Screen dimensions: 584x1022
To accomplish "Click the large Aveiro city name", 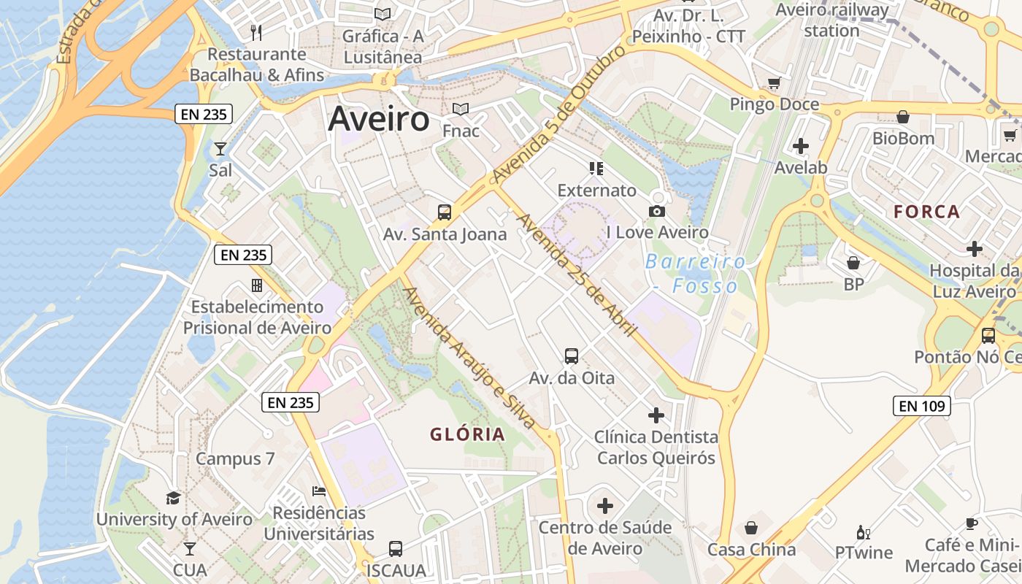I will pyautogui.click(x=378, y=119).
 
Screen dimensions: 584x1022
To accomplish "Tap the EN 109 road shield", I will pyautogui.click(x=922, y=406).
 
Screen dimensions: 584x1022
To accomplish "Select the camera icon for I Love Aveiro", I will pyautogui.click(x=657, y=212).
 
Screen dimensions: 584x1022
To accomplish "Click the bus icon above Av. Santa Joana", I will pyautogui.click(x=445, y=212).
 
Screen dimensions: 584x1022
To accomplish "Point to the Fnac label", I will pyautogui.click(x=461, y=131).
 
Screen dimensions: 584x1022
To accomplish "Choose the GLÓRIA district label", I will pyautogui.click(x=467, y=435).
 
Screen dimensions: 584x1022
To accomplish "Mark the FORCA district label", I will pyautogui.click(x=927, y=212).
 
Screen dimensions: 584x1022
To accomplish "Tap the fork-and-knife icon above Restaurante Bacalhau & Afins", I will pyautogui.click(x=255, y=32).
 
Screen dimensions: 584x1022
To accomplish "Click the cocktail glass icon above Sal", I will pyautogui.click(x=220, y=149).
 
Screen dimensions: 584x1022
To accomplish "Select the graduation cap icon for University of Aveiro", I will pyautogui.click(x=173, y=498).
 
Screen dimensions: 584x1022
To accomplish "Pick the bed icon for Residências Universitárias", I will pyautogui.click(x=319, y=491).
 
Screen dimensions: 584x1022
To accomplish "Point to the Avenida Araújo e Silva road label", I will pyautogui.click(x=469, y=357).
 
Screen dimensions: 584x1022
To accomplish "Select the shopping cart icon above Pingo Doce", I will pyautogui.click(x=774, y=83).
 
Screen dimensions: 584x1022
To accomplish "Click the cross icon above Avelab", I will pyautogui.click(x=801, y=146).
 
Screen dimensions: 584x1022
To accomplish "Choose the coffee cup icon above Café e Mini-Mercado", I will pyautogui.click(x=971, y=523).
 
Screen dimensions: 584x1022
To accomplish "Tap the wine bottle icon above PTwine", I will pyautogui.click(x=863, y=532).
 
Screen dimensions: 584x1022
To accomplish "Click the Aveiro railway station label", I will pyautogui.click(x=832, y=20).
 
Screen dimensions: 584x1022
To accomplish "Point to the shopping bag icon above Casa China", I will pyautogui.click(x=751, y=528).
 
